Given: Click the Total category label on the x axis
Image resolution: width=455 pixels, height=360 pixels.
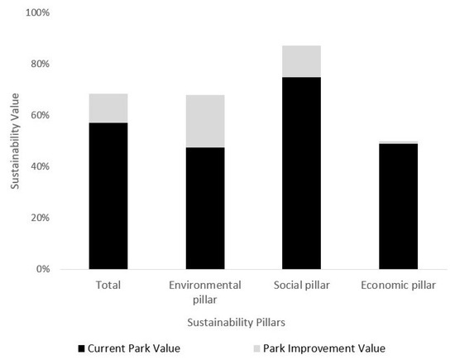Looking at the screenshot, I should (108, 286).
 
